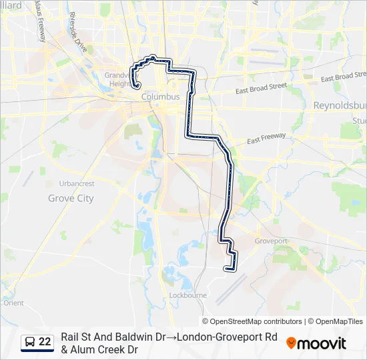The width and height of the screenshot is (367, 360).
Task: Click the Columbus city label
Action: (x=160, y=97)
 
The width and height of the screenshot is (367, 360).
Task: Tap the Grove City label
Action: (x=71, y=198)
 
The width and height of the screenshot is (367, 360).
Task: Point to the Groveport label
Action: (x=270, y=241)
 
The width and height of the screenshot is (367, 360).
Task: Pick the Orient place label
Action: (x=13, y=303)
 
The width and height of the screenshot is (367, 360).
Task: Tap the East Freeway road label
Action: (x=266, y=138)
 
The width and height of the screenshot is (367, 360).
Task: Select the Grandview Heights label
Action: (x=119, y=79)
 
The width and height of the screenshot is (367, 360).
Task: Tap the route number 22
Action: (x=45, y=342)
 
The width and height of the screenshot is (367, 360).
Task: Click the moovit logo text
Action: (x=322, y=343)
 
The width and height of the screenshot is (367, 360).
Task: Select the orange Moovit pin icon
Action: (x=291, y=343)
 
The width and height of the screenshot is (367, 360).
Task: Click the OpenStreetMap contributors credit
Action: (x=252, y=321)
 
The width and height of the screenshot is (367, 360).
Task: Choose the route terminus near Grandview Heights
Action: (x=136, y=85)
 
